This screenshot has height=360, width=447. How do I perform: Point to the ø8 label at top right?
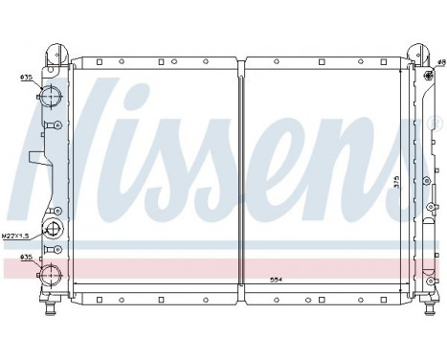(441, 63)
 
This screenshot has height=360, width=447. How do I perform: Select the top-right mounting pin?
(417, 50)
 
